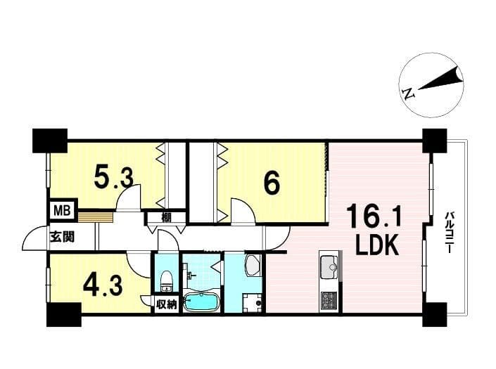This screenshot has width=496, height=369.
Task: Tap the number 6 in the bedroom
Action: coord(272,183)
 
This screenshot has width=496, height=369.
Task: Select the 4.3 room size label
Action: coord(103,286)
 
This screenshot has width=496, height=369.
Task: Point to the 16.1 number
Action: coord(374,216)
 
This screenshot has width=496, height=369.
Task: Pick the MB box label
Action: coord(62,210)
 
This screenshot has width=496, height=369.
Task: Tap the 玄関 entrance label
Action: coord(63,236)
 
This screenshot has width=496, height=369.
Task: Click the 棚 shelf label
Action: coord(166,217)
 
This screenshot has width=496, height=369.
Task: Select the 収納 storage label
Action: coord(166,305)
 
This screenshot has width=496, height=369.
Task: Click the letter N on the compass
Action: coord(408,93)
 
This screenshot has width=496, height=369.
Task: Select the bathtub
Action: coord(201,302)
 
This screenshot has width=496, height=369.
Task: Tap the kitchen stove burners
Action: coord(330,300)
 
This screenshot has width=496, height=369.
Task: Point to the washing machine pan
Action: coord(252,304)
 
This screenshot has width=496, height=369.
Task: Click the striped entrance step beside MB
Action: coord(96,217)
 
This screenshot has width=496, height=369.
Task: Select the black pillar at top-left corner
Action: coord(50,141)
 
